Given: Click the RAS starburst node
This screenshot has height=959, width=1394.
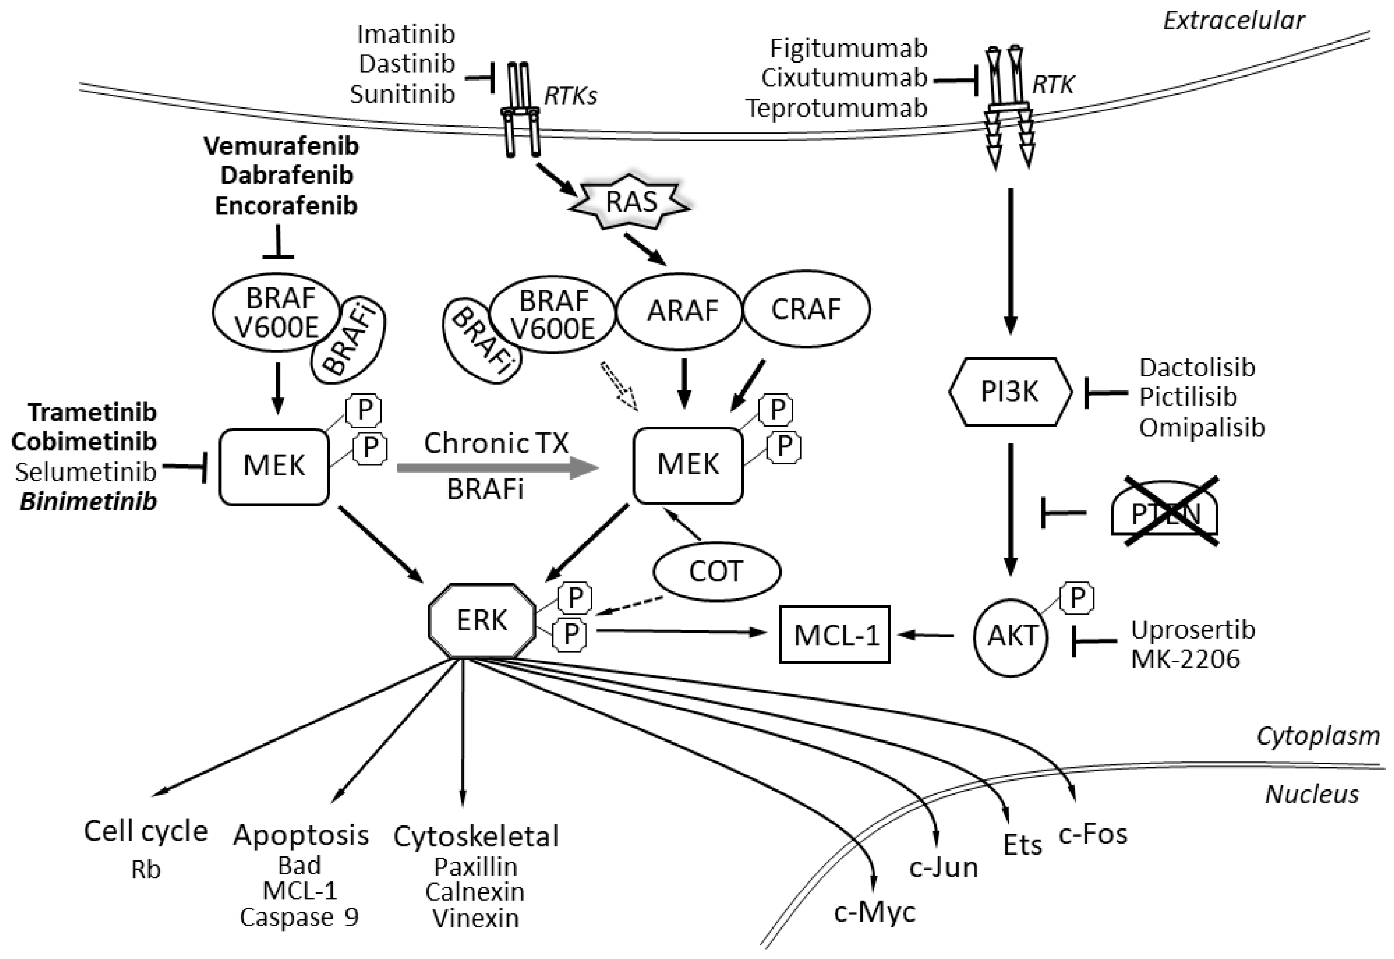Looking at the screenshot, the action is pos(629,202).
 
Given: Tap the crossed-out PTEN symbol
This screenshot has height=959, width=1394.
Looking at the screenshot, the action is pos(1165,511).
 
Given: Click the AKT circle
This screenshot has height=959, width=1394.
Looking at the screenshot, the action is pos(1011,636).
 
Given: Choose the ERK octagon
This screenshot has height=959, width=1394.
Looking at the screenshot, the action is pos(482,620).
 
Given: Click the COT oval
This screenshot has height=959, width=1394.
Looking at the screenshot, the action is pos(717,571).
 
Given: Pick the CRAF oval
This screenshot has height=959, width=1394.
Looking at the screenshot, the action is pos(806,310).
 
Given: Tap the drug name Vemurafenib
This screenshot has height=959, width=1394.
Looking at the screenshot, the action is pos(281,146).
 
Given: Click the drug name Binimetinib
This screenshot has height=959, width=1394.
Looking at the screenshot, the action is pos(88,501).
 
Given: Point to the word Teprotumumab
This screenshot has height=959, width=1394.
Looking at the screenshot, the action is pos(836,108).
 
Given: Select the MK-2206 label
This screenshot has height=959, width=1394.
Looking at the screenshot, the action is pos(1186,659).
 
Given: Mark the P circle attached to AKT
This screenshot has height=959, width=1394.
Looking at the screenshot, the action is pos(1077,598).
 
